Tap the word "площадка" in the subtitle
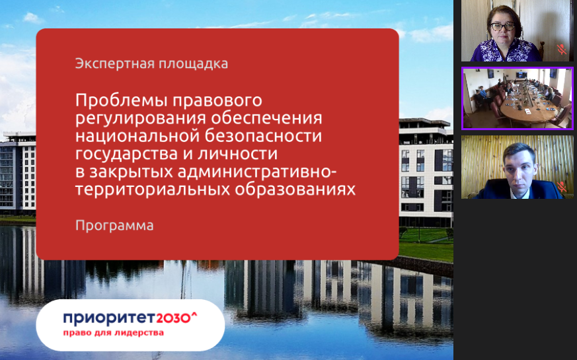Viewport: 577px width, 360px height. (x=193, y=64)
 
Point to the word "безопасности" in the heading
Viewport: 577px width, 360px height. (x=263, y=135)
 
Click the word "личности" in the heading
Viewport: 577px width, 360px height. (x=237, y=153)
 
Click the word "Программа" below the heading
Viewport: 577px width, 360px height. (x=114, y=225)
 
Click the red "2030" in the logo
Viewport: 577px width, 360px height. (x=174, y=318)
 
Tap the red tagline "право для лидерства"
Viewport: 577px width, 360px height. (x=113, y=333)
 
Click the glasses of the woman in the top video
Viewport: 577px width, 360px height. (x=502, y=26)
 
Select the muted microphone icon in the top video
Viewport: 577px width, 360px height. (x=561, y=50)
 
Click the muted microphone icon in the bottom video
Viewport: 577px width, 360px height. (x=561, y=186)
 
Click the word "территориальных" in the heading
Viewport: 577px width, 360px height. (x=153, y=190)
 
